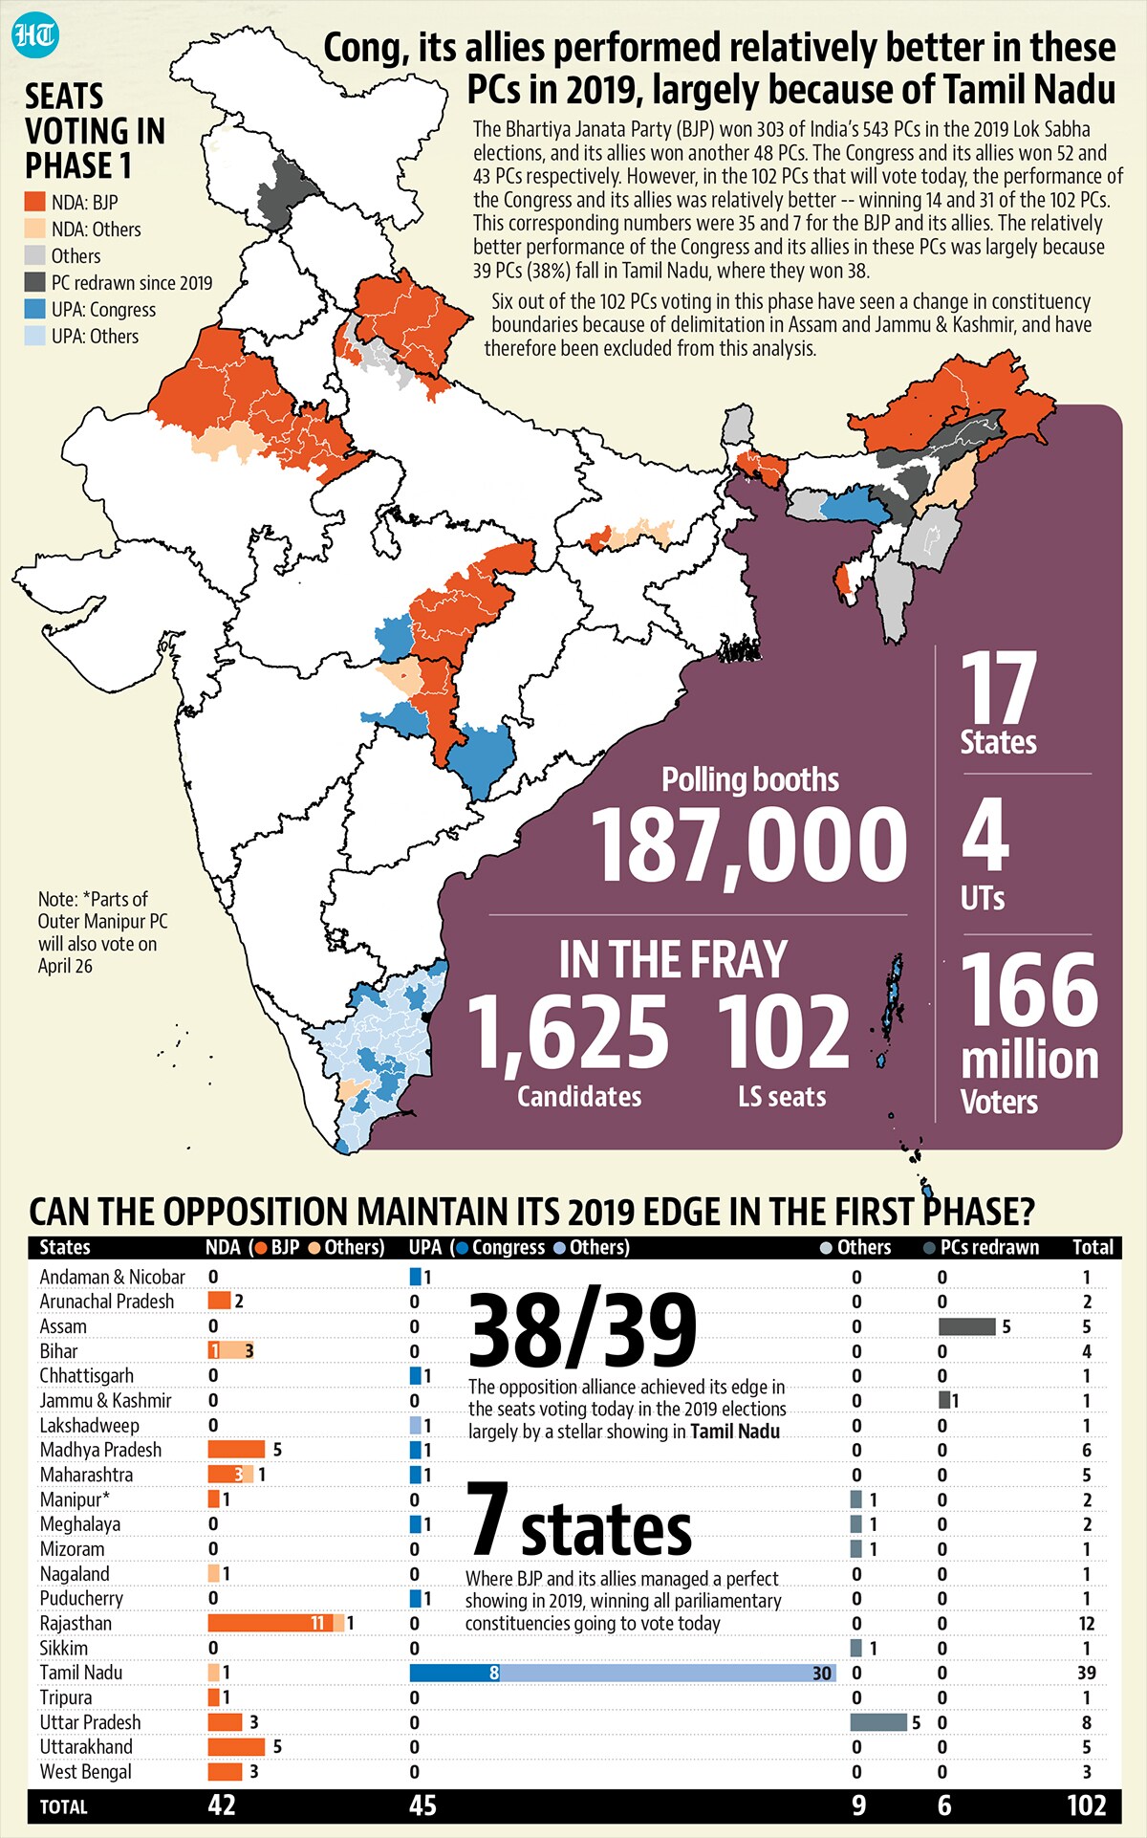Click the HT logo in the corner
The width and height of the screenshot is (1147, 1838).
[36, 35]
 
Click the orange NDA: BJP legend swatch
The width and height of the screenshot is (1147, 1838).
[35, 203]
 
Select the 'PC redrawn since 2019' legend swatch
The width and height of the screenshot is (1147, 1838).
[35, 283]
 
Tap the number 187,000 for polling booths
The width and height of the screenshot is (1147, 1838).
[749, 845]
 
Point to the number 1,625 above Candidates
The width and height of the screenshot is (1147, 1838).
[568, 1032]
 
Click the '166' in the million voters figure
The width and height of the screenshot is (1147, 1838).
[1028, 991]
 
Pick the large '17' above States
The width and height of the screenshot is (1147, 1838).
[999, 688]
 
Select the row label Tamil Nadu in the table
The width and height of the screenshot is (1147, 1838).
[81, 1673]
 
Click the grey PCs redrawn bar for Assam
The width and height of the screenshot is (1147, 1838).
[967, 1326]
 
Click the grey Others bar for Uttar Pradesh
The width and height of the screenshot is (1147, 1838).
[878, 1722]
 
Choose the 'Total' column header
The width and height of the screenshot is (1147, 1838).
[1093, 1248]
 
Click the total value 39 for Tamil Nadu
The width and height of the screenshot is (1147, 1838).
[1087, 1673]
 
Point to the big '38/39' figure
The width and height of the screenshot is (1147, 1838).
[583, 1330]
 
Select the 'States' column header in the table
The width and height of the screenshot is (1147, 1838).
[65, 1248]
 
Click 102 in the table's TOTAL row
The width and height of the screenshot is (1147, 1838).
[1087, 1805]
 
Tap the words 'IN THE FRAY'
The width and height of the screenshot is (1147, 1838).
[674, 960]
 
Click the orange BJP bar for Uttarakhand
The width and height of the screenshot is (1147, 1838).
[236, 1747]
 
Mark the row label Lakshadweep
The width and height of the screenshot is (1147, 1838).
[89, 1426]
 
